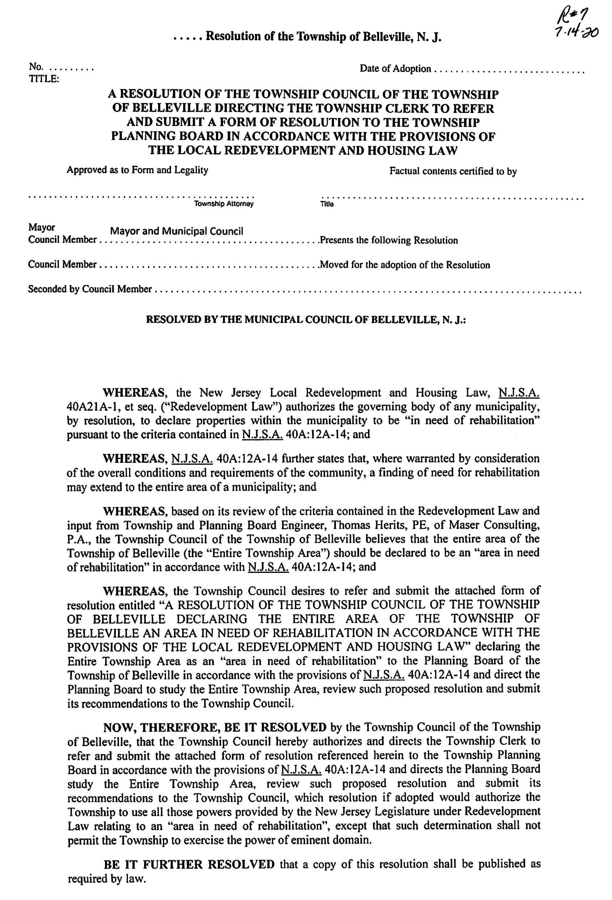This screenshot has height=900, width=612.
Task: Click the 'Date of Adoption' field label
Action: (x=395, y=69)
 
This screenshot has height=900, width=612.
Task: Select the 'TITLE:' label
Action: (x=44, y=79)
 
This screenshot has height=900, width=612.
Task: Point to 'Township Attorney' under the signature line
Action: (x=224, y=204)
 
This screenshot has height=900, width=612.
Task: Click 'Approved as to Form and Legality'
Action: (x=137, y=170)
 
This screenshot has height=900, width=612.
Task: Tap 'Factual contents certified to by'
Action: (x=453, y=171)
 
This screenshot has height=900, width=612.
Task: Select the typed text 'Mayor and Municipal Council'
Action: (x=177, y=231)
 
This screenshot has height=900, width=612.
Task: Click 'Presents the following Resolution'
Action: (x=388, y=241)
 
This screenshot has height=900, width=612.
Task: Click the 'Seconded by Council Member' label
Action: (x=89, y=289)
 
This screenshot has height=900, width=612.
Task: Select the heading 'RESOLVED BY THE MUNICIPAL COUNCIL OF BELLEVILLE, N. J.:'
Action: (x=305, y=320)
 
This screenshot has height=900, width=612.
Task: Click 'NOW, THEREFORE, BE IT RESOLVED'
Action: (x=215, y=727)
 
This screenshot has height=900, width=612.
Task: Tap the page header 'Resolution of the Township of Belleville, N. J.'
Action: (x=324, y=37)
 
